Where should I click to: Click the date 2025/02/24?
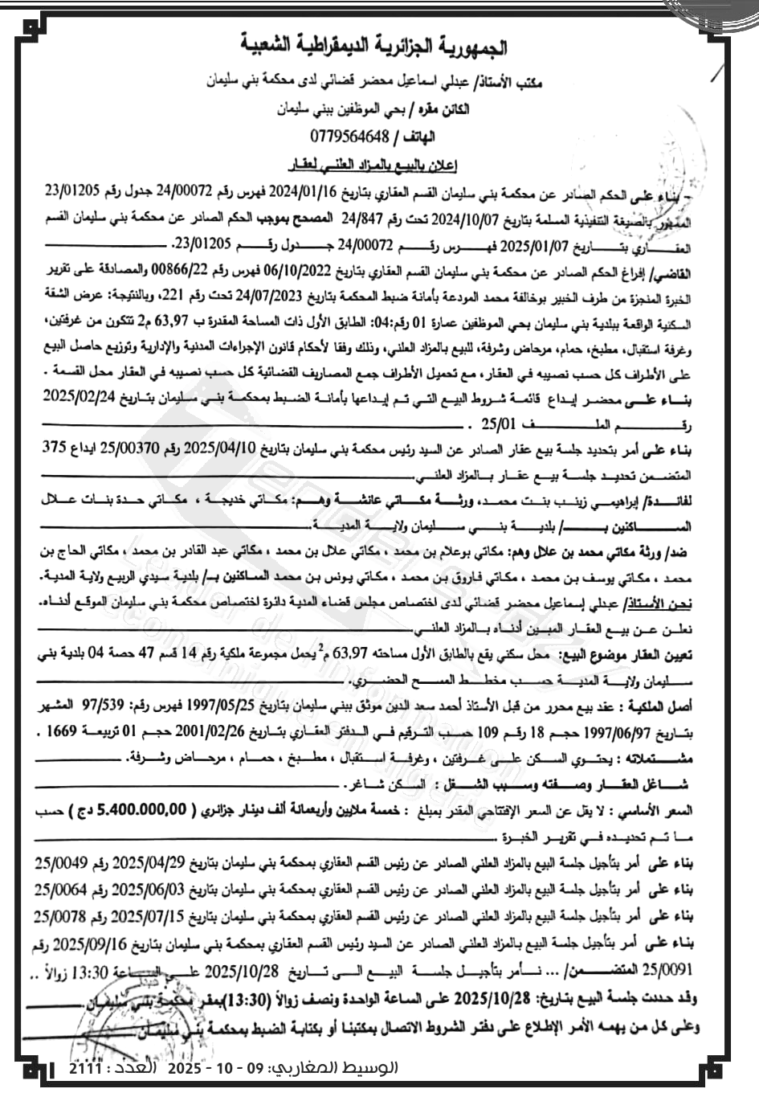coord(79,398)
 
